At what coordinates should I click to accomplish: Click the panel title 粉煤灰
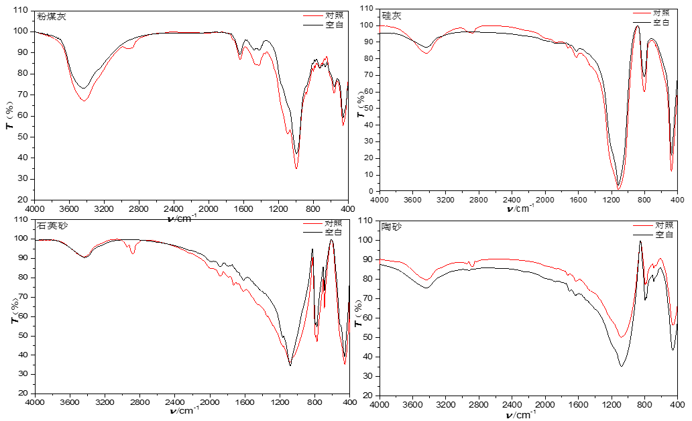pos(52,16)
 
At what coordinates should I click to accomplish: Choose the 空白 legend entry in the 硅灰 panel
pos(662,21)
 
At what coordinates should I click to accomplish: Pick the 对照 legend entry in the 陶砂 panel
pos(665,225)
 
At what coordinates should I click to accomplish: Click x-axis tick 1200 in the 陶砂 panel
pos(611,404)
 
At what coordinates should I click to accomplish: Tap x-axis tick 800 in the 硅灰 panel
pos(644,200)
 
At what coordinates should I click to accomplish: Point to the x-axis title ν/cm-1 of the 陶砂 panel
pos(522,415)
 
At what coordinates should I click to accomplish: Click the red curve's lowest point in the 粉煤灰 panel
pos(296,168)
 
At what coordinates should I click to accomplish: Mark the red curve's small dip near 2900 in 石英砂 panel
pos(133,253)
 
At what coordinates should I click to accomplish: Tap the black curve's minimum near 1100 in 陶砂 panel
pos(622,366)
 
